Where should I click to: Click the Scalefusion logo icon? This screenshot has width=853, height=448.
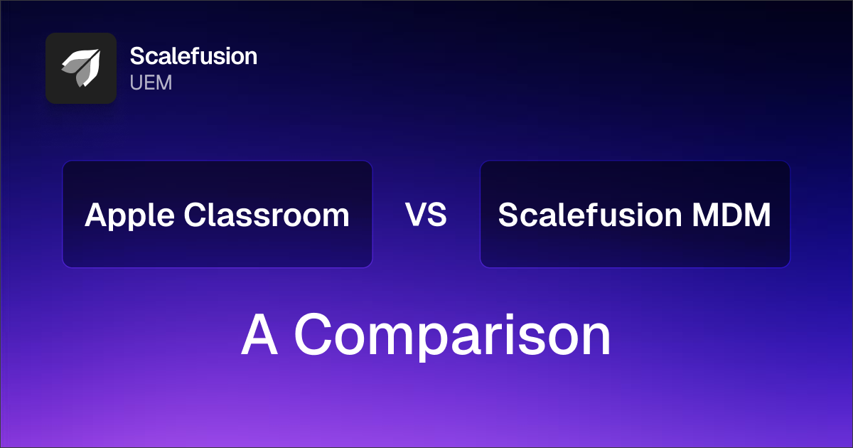(80, 68)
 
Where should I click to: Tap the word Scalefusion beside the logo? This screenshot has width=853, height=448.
(193, 56)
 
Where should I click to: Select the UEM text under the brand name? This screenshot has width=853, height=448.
(151, 82)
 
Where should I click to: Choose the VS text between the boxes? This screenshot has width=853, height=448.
(426, 215)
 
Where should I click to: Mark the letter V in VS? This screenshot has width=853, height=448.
(417, 215)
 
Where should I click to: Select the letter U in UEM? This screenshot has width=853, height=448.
(136, 82)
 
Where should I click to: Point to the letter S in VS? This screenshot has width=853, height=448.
(437, 215)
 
